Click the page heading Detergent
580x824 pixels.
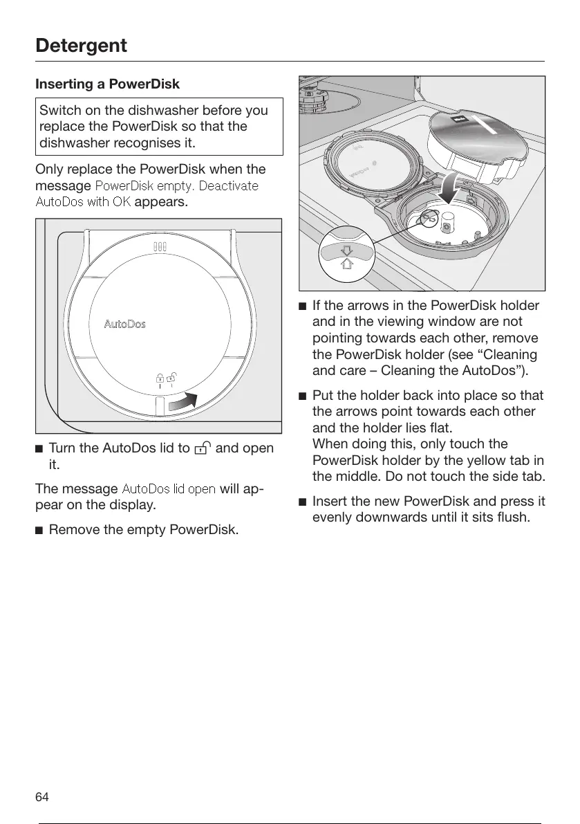coord(82,46)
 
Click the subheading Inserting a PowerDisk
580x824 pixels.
coord(107,84)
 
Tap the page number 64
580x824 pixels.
coord(42,797)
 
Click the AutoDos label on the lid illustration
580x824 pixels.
coord(124,324)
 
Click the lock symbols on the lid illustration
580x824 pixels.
coord(165,378)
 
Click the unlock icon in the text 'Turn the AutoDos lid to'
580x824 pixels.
coord(203,448)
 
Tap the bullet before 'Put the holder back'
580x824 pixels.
coord(303,396)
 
